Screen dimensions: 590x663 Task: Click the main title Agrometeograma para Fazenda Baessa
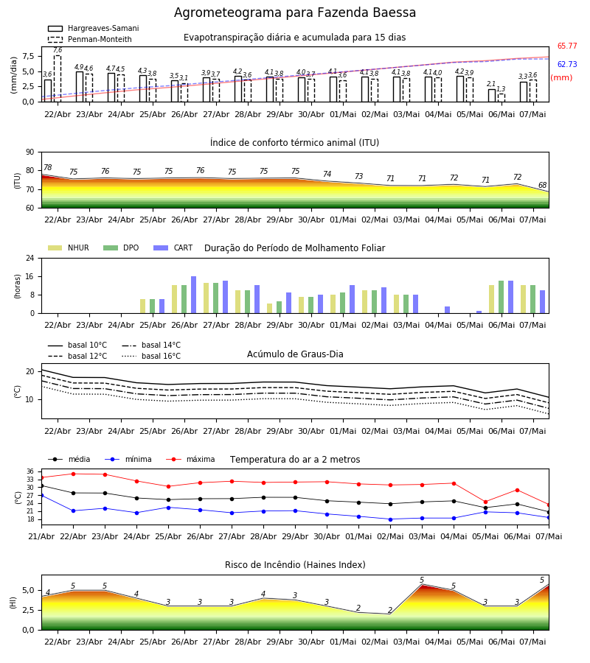[x=294, y=13]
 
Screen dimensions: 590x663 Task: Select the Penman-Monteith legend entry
[x=90, y=39]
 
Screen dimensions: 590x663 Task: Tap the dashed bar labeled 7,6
[x=57, y=79]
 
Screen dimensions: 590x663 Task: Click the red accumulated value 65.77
[x=567, y=46]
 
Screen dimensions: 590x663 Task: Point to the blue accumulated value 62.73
[x=567, y=64]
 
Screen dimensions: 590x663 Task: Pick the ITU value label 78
[x=48, y=167]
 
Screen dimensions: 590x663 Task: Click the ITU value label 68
[x=542, y=185]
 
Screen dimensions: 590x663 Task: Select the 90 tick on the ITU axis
[x=30, y=152]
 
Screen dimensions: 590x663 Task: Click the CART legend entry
[x=173, y=248]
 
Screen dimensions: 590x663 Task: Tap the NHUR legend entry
[x=69, y=248]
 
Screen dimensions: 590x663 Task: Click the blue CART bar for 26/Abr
[x=193, y=295]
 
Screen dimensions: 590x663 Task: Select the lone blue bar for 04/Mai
[x=448, y=310]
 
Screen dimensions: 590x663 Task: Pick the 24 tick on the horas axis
[x=30, y=258]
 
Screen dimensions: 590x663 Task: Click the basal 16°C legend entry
[x=151, y=356]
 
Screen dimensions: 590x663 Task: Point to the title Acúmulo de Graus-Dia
[x=295, y=354]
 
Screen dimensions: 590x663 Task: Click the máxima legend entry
[x=190, y=459]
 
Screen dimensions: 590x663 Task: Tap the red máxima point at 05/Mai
[x=485, y=502]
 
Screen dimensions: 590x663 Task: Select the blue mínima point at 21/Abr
[x=41, y=495]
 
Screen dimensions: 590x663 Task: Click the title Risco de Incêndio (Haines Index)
[x=295, y=564]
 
